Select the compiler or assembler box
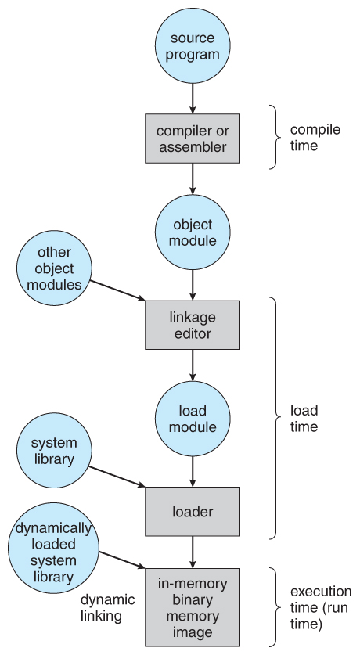[192, 137]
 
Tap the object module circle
[192, 232]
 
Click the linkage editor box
[192, 325]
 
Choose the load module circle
[192, 419]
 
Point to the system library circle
[54, 452]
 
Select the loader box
[192, 512]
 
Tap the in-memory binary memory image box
[192, 607]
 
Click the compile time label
[315, 137]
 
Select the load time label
[304, 418]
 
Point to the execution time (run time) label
[320, 607]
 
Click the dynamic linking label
[108, 608]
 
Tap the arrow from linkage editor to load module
[192, 365]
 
